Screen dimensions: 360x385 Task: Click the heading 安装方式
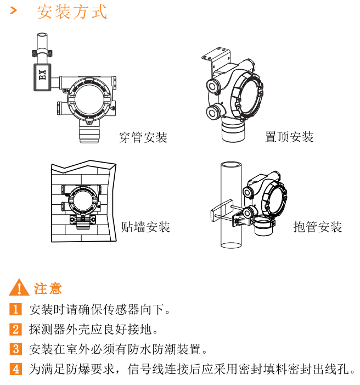pyautogui.click(x=72, y=12)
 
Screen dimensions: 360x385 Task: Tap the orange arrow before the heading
pyautogui.click(x=14, y=10)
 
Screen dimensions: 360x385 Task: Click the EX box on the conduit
pyautogui.click(x=42, y=77)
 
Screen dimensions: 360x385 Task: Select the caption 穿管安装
pyautogui.click(x=143, y=137)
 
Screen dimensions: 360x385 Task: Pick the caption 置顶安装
pyautogui.click(x=289, y=137)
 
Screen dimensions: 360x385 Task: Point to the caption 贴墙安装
pyautogui.click(x=146, y=227)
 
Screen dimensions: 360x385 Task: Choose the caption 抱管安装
pyautogui.click(x=318, y=227)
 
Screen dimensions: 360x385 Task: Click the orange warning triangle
pyautogui.click(x=19, y=287)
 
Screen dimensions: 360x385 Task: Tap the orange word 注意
pyautogui.click(x=48, y=288)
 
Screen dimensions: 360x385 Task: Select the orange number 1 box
pyautogui.click(x=16, y=309)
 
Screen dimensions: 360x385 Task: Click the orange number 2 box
pyautogui.click(x=16, y=330)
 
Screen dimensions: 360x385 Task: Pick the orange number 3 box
pyautogui.click(x=16, y=349)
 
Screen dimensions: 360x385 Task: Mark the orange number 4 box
pyautogui.click(x=16, y=369)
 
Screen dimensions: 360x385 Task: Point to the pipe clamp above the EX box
pyautogui.click(x=42, y=53)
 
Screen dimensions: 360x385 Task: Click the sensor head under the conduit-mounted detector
pyautogui.click(x=89, y=132)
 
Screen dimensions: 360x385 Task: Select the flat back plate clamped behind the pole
pyautogui.click(x=221, y=211)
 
